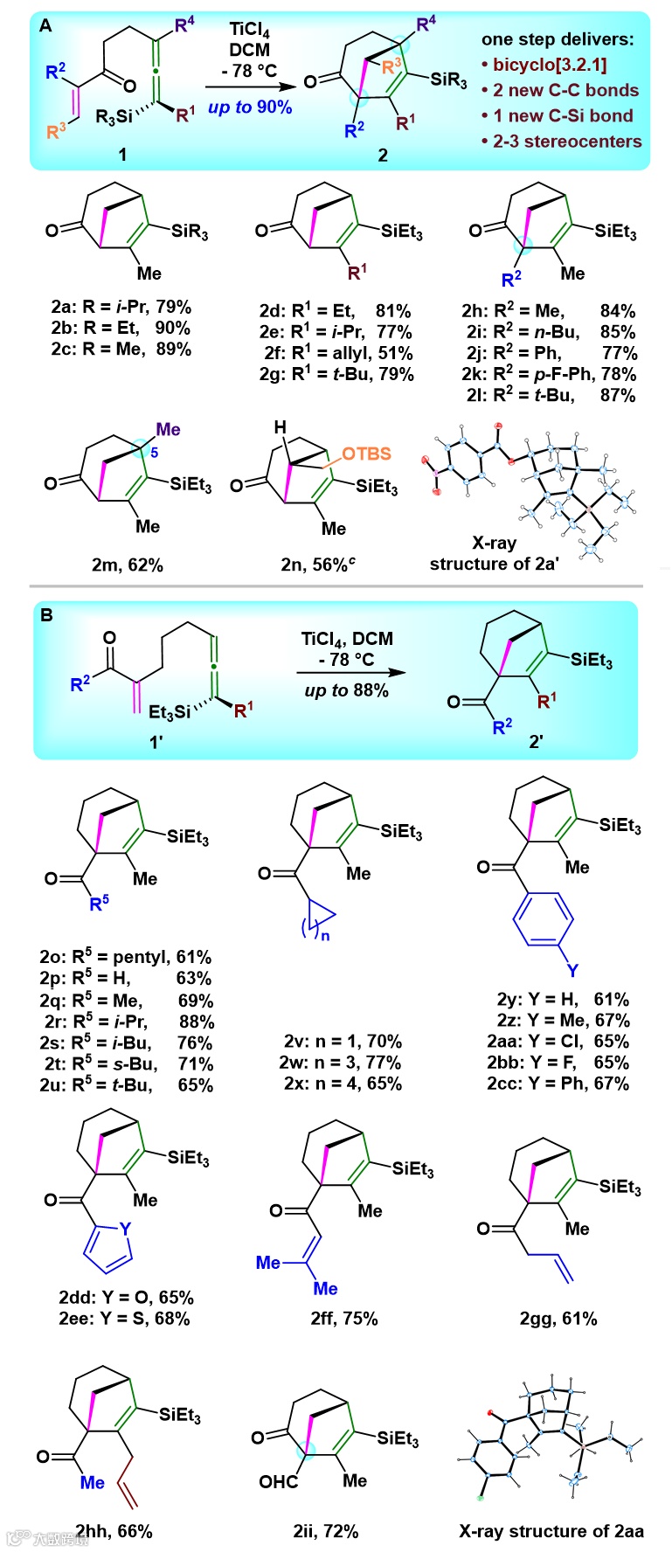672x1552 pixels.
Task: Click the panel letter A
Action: tap(45, 26)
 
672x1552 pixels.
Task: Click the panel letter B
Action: tap(45, 615)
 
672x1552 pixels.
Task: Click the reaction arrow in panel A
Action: tap(250, 87)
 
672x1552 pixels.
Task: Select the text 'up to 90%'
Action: tap(250, 107)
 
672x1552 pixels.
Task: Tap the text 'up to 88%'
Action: tap(347, 690)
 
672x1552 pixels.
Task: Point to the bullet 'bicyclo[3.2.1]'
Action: tap(549, 65)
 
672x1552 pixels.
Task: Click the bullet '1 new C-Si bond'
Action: tap(561, 115)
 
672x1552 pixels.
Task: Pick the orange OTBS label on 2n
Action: tap(366, 454)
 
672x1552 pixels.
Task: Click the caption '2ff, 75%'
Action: tap(344, 1318)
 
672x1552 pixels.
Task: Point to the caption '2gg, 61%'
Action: tap(558, 1318)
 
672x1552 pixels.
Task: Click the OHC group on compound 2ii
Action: tap(279, 1481)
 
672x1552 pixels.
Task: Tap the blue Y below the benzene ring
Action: tap(572, 970)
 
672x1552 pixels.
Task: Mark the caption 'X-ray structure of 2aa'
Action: tap(551, 1531)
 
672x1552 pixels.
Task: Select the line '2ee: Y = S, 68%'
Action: tap(124, 1318)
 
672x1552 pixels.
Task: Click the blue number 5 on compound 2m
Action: tap(155, 453)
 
